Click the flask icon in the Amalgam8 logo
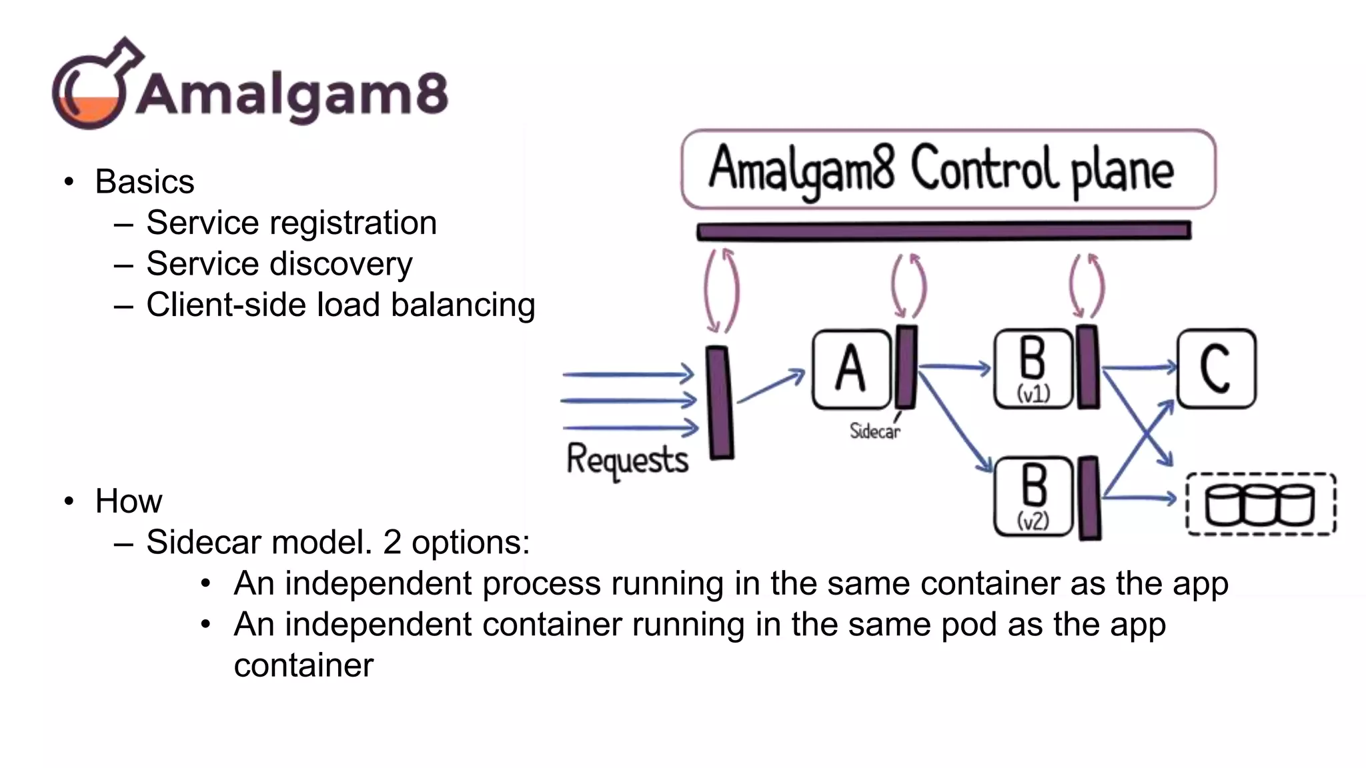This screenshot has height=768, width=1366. [93, 87]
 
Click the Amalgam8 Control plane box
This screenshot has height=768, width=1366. [947, 169]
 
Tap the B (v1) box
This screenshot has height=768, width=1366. [1033, 369]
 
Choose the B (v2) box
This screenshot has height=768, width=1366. [1033, 497]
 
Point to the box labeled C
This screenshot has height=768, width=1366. [1216, 369]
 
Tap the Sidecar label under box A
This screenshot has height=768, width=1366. [874, 431]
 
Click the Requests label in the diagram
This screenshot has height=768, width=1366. [627, 459]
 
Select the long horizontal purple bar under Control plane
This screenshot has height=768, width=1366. [944, 231]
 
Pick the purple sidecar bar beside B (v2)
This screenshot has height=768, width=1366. [1089, 498]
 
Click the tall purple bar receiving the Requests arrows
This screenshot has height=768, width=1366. [720, 403]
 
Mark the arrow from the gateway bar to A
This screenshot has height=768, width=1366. [770, 387]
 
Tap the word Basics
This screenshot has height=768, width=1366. [144, 182]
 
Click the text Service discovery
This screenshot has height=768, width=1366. [279, 264]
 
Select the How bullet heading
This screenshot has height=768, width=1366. [128, 501]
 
